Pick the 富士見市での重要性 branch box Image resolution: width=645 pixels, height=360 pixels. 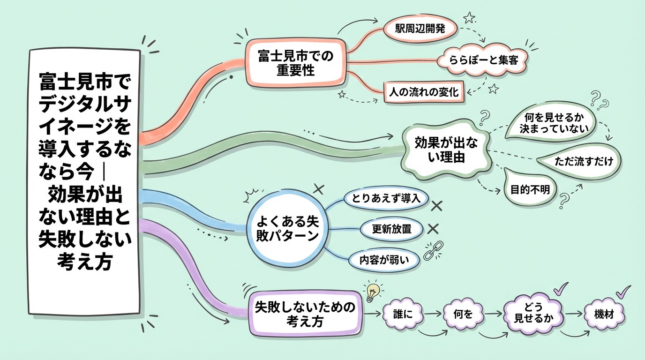pos(295,63)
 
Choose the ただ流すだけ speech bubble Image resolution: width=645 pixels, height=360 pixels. pos(581,161)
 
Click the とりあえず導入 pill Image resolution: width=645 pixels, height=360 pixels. pos(386,198)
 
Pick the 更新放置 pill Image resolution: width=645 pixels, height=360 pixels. pos(391,229)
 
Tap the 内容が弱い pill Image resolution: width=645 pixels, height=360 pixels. pos(384,259)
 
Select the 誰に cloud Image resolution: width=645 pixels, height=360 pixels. pos(404,314)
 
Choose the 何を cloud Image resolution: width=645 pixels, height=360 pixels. pos(464,314)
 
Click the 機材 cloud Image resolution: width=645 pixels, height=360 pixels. pos(605,313)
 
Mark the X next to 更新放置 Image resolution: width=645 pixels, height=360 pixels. pos(433,228)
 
